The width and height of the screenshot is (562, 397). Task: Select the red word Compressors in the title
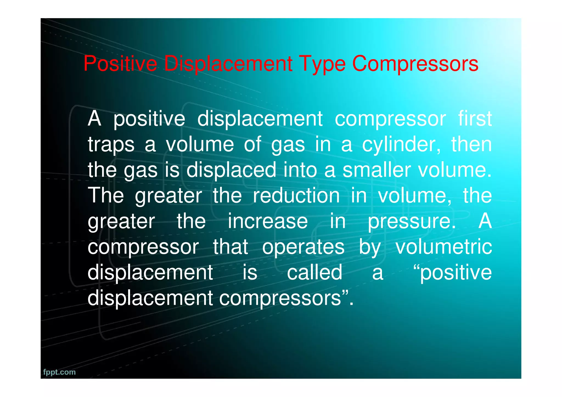(415, 64)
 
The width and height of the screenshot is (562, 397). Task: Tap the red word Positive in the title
(120, 64)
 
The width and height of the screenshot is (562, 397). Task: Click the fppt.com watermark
(59, 372)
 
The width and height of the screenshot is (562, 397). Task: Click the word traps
(111, 145)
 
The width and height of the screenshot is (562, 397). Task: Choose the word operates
(303, 247)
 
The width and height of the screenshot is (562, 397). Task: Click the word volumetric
(444, 247)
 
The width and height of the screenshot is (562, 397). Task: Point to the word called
(314, 272)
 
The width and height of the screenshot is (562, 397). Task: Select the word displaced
(231, 170)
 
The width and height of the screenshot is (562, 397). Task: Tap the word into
(300, 170)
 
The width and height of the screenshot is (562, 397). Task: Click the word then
(471, 145)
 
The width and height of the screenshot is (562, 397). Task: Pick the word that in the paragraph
(231, 247)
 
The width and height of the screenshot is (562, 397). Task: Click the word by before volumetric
(370, 247)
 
